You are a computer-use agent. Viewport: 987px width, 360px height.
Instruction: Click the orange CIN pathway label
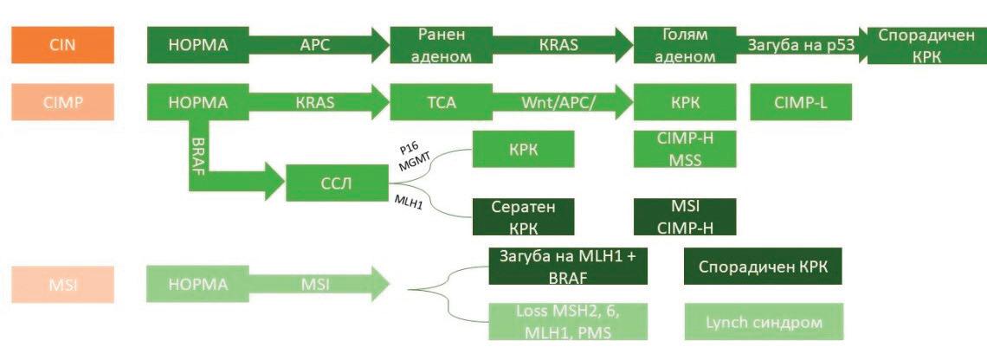[62, 45]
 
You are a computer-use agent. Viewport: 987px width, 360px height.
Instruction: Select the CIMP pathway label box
[62, 102]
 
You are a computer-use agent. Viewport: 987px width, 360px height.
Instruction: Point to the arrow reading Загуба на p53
[801, 45]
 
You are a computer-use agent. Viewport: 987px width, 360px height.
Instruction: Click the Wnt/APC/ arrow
[558, 102]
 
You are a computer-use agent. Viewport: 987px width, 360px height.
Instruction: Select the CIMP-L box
[801, 102]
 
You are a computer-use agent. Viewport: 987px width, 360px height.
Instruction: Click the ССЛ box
[337, 182]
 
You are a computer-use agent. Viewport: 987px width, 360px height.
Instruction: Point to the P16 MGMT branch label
[409, 153]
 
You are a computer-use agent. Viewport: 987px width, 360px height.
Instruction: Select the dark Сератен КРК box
[523, 216]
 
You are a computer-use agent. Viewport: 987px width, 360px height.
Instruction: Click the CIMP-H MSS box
[685, 149]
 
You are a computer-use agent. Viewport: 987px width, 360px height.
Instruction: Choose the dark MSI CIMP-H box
[685, 216]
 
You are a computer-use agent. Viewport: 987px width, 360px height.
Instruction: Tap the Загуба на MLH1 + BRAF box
[562, 267]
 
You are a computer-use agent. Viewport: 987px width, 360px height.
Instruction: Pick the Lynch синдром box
[763, 322]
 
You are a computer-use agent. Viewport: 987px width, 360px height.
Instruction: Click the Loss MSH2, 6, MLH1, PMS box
[562, 322]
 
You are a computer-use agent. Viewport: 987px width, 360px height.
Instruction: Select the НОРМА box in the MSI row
[198, 284]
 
